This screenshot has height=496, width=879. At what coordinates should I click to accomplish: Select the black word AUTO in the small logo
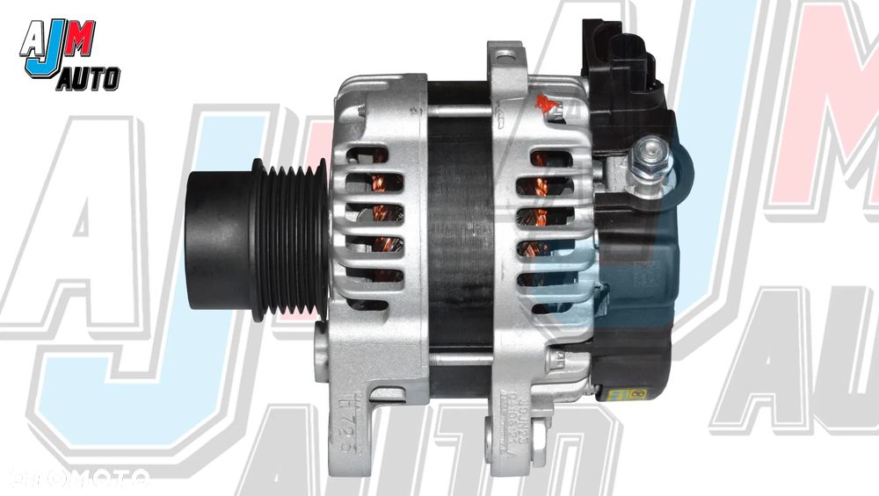click(x=89, y=82)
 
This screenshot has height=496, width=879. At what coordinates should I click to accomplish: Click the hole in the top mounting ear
click(x=505, y=57)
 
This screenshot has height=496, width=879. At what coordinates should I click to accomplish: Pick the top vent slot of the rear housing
click(x=550, y=157)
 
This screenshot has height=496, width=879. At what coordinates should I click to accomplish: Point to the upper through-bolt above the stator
click(x=457, y=109)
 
